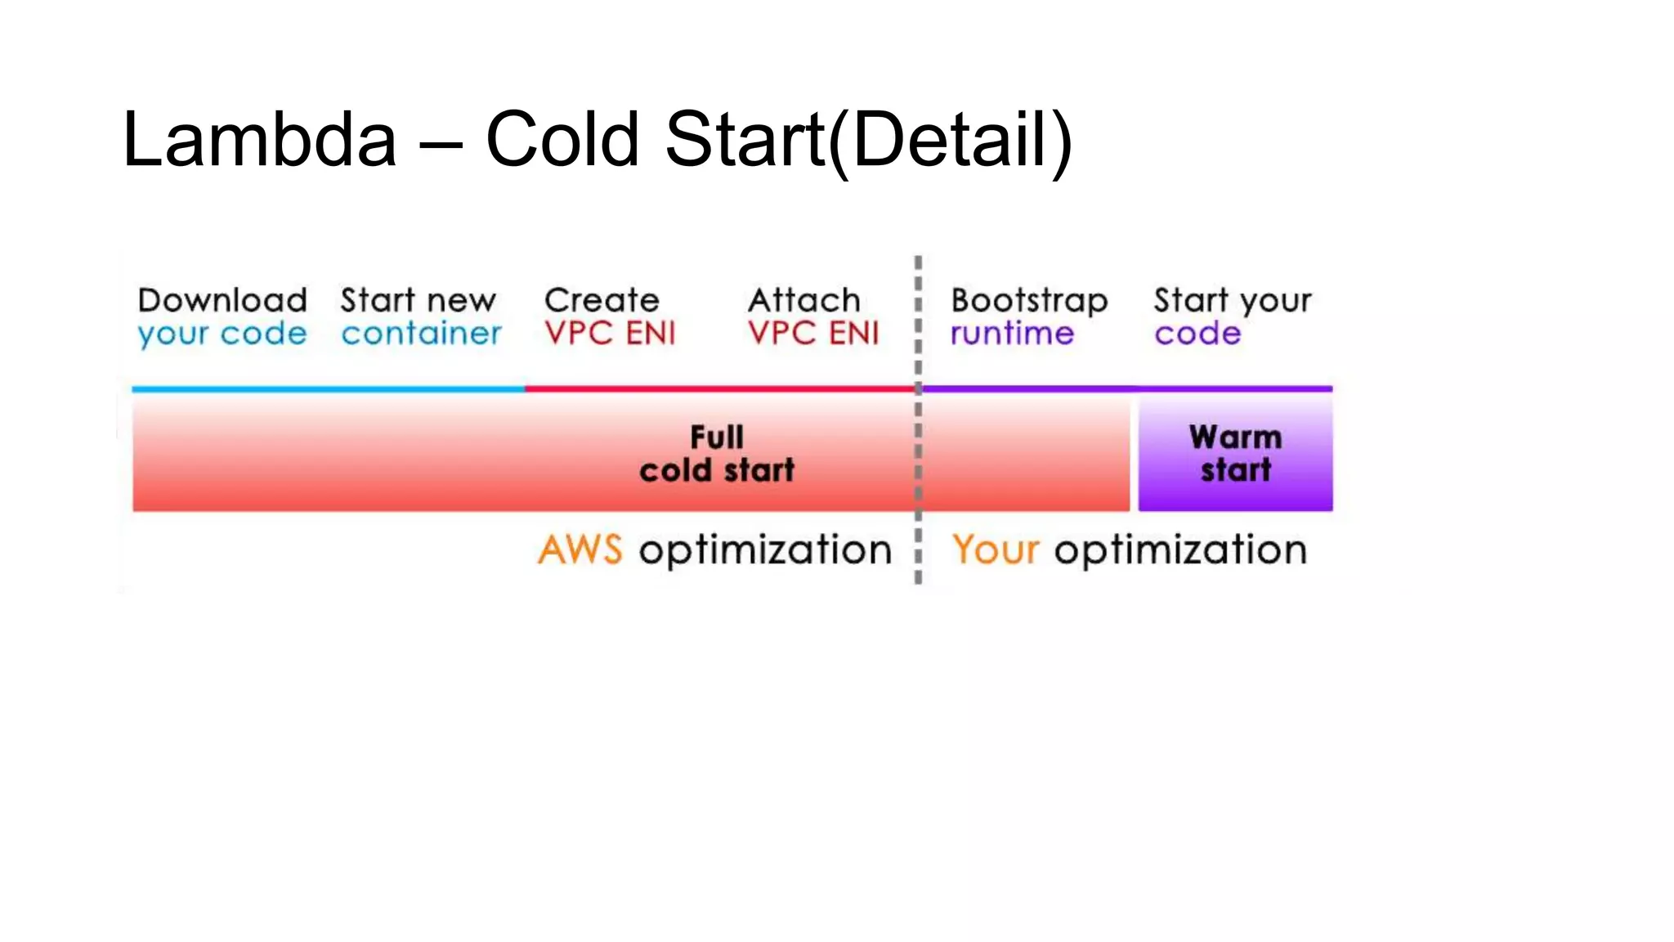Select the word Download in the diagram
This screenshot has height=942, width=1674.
coord(222,300)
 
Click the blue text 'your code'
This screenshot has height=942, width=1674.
coord(222,334)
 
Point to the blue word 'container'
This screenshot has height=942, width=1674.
coord(421,334)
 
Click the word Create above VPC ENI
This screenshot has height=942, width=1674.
coord(602,300)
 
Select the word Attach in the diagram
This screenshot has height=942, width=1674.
coord(804,300)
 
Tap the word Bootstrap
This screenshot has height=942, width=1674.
coord(1029,301)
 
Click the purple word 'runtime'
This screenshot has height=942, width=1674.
coord(1012,334)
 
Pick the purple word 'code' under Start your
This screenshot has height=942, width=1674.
coord(1197,334)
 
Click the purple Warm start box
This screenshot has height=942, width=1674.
coord(1235,455)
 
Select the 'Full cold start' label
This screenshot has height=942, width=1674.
coord(717,454)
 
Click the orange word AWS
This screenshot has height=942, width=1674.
coord(580,549)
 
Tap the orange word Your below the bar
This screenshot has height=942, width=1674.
coord(996,549)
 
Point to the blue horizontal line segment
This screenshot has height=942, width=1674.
coord(327,389)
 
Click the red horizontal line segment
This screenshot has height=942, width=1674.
coord(719,389)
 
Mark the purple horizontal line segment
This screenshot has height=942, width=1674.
coord(1128,389)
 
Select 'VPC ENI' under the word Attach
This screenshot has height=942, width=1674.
coord(813,334)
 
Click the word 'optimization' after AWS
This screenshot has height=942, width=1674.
coord(765,550)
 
